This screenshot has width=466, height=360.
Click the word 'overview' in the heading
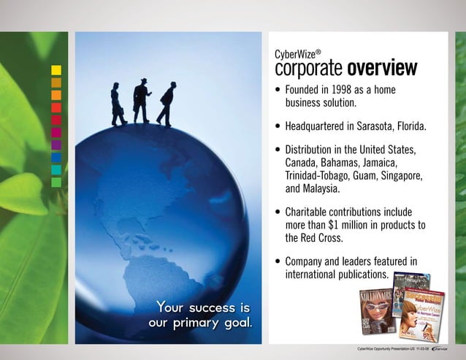pyautogui.click(x=382, y=69)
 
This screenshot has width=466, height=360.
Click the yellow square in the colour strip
pyautogui.click(x=56, y=70)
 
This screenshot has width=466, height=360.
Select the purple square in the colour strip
pyautogui.click(x=56, y=145)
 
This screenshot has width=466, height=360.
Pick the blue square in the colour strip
pyautogui.click(x=56, y=158)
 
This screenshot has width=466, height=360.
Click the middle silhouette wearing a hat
pyautogui.click(x=142, y=100)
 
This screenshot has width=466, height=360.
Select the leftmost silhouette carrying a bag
pyautogui.click(x=117, y=105)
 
